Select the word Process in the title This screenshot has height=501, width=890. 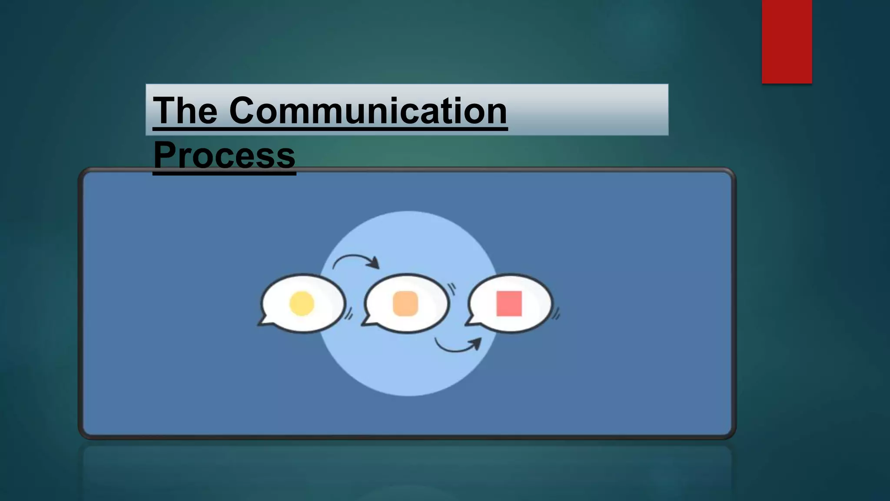[x=224, y=155]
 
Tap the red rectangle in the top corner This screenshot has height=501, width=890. [x=787, y=41]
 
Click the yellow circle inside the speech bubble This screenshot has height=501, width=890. [x=302, y=303]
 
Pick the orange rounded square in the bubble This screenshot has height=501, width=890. [x=405, y=303]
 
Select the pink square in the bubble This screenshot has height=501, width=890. [x=509, y=303]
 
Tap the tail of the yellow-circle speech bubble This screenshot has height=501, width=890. [x=264, y=321]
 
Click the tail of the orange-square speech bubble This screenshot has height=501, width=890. [x=368, y=321]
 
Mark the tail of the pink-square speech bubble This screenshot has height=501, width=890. [x=472, y=321]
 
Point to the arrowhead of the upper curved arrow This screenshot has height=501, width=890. [x=374, y=263]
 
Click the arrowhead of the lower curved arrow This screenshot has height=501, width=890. [x=476, y=343]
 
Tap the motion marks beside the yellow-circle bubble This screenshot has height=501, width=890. [x=349, y=314]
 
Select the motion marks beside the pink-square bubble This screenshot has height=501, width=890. [x=556, y=314]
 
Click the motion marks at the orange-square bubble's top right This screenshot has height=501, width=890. [x=452, y=289]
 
